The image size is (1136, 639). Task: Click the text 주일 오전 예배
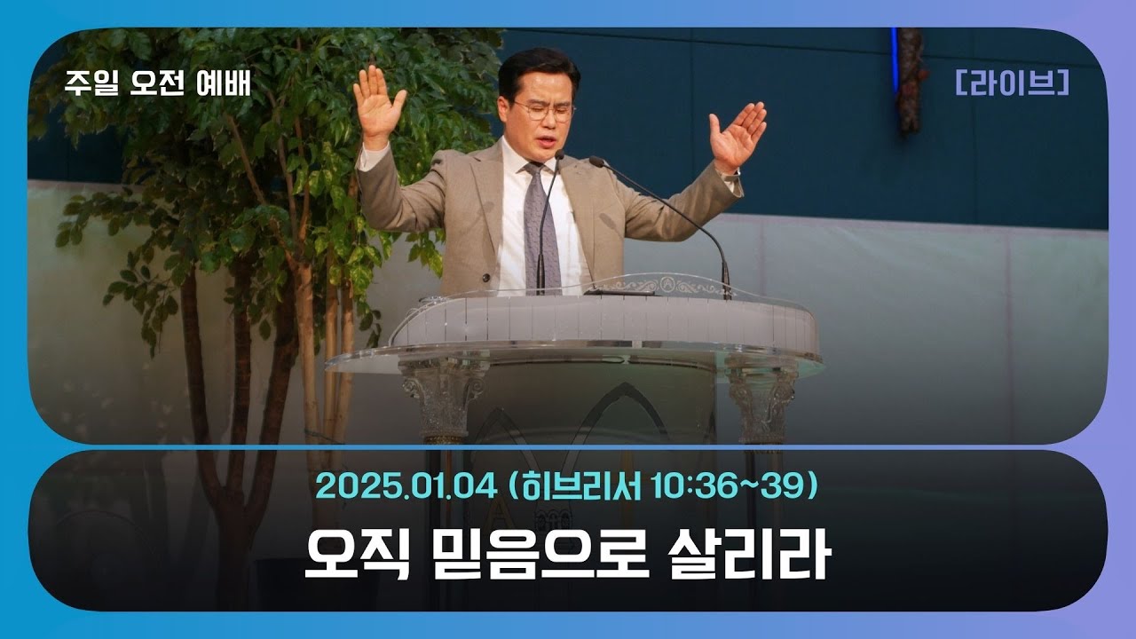[158, 83]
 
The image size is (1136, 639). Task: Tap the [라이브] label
[1013, 83]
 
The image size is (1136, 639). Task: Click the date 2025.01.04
[403, 486]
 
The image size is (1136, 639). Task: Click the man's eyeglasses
[543, 111]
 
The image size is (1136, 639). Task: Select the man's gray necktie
[540, 226]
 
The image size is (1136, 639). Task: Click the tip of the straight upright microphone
[559, 155]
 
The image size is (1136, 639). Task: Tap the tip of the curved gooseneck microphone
[596, 162]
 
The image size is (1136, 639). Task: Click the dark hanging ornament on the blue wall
[911, 80]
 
